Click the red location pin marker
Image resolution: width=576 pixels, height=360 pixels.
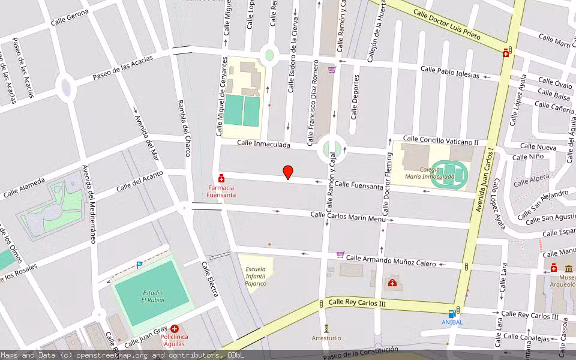point(288,172)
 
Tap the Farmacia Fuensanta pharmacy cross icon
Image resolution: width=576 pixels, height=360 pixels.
point(221,179)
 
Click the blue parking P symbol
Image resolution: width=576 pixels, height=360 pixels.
point(139,265)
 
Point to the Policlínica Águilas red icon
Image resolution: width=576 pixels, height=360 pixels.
point(175,329)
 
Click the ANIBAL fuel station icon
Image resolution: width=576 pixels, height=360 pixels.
point(452,313)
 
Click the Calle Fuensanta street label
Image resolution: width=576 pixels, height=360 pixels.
point(359,186)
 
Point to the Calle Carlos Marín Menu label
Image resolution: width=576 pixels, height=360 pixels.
point(348,217)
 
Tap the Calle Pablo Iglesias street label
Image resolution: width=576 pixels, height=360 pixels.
point(449,72)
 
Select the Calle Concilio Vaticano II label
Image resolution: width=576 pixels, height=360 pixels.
point(440,140)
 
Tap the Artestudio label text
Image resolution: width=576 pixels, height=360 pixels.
point(326,338)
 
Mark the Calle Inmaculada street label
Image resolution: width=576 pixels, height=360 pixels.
point(263,144)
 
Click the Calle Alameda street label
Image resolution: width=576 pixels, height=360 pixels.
point(24,187)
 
